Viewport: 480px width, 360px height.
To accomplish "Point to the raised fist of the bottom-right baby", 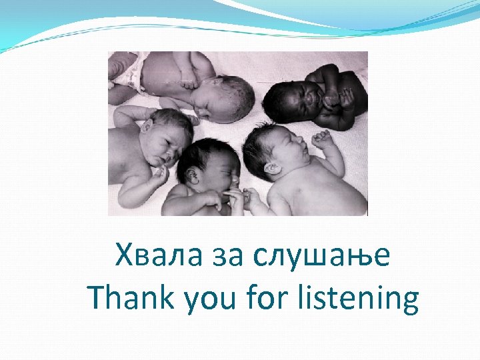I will pos(323,140).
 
